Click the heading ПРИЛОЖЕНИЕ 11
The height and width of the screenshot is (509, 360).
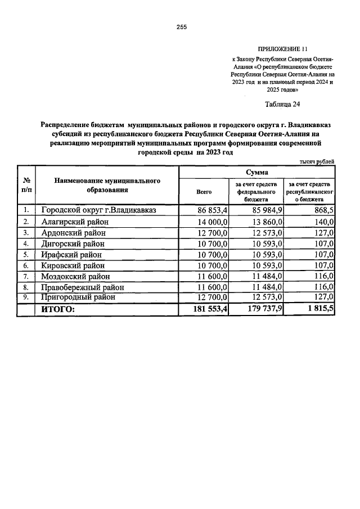(282, 49)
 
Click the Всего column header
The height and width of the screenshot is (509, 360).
(204, 192)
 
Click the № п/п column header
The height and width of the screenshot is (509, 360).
(26, 185)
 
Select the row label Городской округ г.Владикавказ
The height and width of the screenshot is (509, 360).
(98, 210)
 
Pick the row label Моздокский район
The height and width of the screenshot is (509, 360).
(76, 276)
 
